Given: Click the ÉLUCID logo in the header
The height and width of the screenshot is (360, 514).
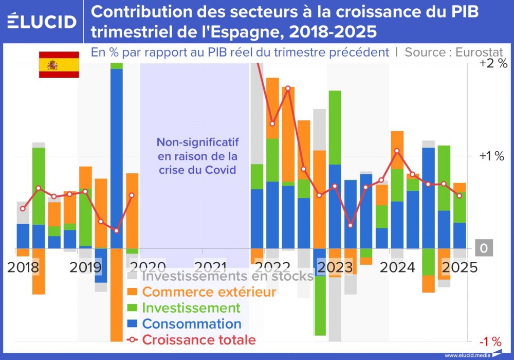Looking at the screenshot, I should [42, 21].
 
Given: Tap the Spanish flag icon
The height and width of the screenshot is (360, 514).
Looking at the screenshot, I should [59, 65].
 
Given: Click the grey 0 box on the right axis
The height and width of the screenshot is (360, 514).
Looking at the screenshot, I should [483, 248].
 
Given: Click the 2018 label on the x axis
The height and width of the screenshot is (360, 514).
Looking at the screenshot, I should [24, 267].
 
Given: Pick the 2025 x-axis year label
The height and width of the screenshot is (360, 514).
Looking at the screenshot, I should [461, 267].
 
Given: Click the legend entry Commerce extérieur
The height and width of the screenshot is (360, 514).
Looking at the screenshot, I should [209, 292].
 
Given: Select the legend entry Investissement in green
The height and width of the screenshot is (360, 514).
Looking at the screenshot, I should [191, 308].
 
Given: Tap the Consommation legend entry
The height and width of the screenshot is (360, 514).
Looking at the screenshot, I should [192, 324].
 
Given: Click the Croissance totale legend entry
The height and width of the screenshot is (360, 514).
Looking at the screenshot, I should [198, 340].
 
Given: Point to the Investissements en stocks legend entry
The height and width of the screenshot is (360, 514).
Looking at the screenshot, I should [227, 276].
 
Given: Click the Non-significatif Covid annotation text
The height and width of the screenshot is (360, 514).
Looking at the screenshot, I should [197, 155].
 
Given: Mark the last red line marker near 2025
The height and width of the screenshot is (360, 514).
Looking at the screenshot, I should [459, 195].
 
